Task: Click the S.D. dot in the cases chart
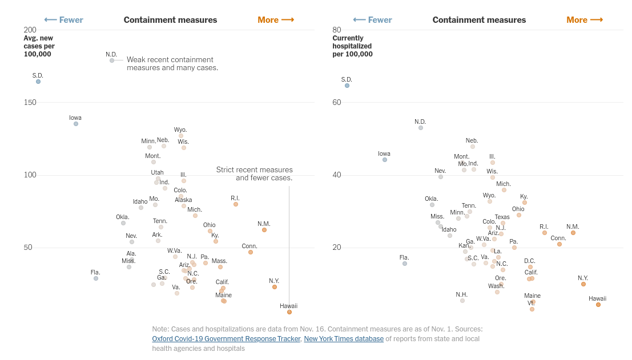point(38,82)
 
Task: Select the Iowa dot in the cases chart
point(76,124)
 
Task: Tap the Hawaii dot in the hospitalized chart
point(598,305)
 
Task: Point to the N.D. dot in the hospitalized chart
point(421,128)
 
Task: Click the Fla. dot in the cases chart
point(96,278)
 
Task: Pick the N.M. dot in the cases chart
point(264,230)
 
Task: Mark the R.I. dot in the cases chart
point(236,204)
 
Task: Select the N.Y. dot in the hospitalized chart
point(583,284)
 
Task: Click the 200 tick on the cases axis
point(30,30)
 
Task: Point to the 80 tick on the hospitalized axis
point(337,30)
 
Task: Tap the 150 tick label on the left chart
point(30,102)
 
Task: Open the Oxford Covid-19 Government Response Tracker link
point(226,339)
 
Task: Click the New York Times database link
point(344,339)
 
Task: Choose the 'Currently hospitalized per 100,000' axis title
point(352,46)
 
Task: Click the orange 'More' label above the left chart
point(276,20)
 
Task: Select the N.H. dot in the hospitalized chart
point(462,301)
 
